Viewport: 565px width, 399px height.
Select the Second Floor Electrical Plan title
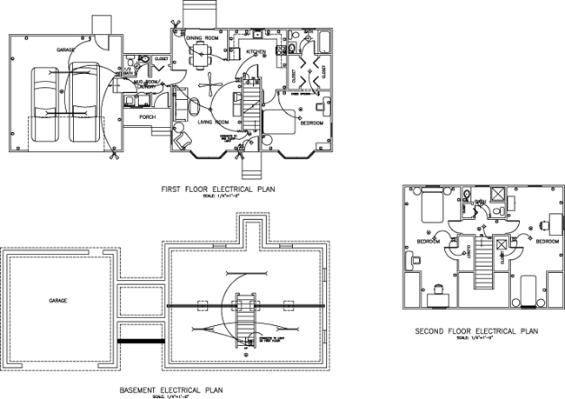[x=476, y=331]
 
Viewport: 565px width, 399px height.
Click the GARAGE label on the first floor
[x=67, y=50]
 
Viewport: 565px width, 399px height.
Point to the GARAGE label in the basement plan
[x=57, y=301]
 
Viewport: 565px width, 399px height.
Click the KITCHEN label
[x=255, y=51]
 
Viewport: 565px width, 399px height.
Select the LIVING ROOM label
[x=211, y=123]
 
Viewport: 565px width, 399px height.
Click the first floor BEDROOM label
[x=312, y=123]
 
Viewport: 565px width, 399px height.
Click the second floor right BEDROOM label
[x=547, y=241]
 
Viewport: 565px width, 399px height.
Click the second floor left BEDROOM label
[x=427, y=241]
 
